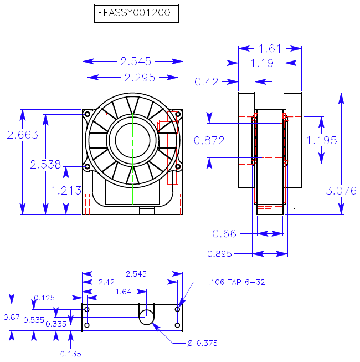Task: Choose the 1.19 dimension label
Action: pyautogui.click(x=262, y=63)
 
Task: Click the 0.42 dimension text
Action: pyautogui.click(x=207, y=82)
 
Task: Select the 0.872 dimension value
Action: pyautogui.click(x=209, y=140)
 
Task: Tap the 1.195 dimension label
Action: pyautogui.click(x=322, y=140)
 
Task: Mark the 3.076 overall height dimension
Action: pyautogui.click(x=341, y=191)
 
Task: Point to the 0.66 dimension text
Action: pyautogui.click(x=224, y=233)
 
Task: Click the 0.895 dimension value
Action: pyautogui.click(x=219, y=254)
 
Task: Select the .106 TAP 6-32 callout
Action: pyautogui.click(x=236, y=282)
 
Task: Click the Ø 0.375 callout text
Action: pyautogui.click(x=203, y=344)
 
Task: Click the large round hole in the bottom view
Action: pyautogui.click(x=147, y=317)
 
